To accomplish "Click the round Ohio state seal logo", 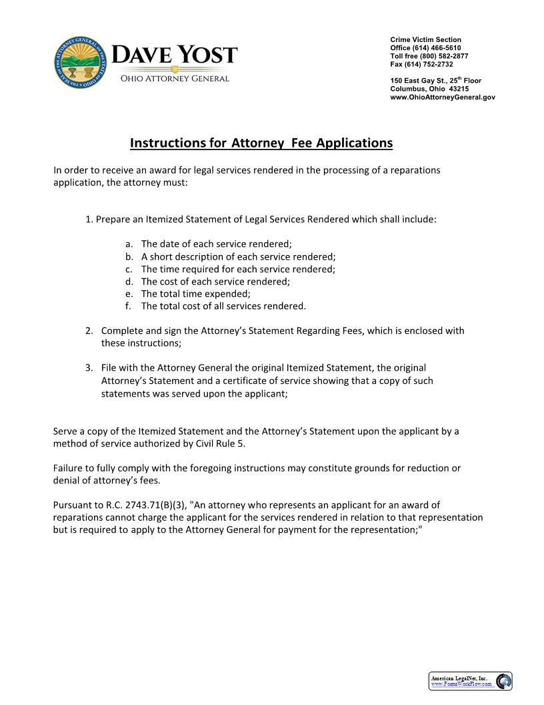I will coord(79,62).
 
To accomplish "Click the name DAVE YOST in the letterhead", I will coord(175,55).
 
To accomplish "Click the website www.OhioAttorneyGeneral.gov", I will coord(443,97).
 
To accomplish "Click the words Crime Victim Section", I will coord(425,40).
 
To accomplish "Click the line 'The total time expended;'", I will coord(195,294).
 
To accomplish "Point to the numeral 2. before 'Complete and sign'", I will coord(89,331).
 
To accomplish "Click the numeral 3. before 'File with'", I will coord(89,368).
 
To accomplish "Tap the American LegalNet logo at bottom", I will coord(470,681).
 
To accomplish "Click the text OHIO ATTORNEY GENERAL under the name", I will coord(174,79).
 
